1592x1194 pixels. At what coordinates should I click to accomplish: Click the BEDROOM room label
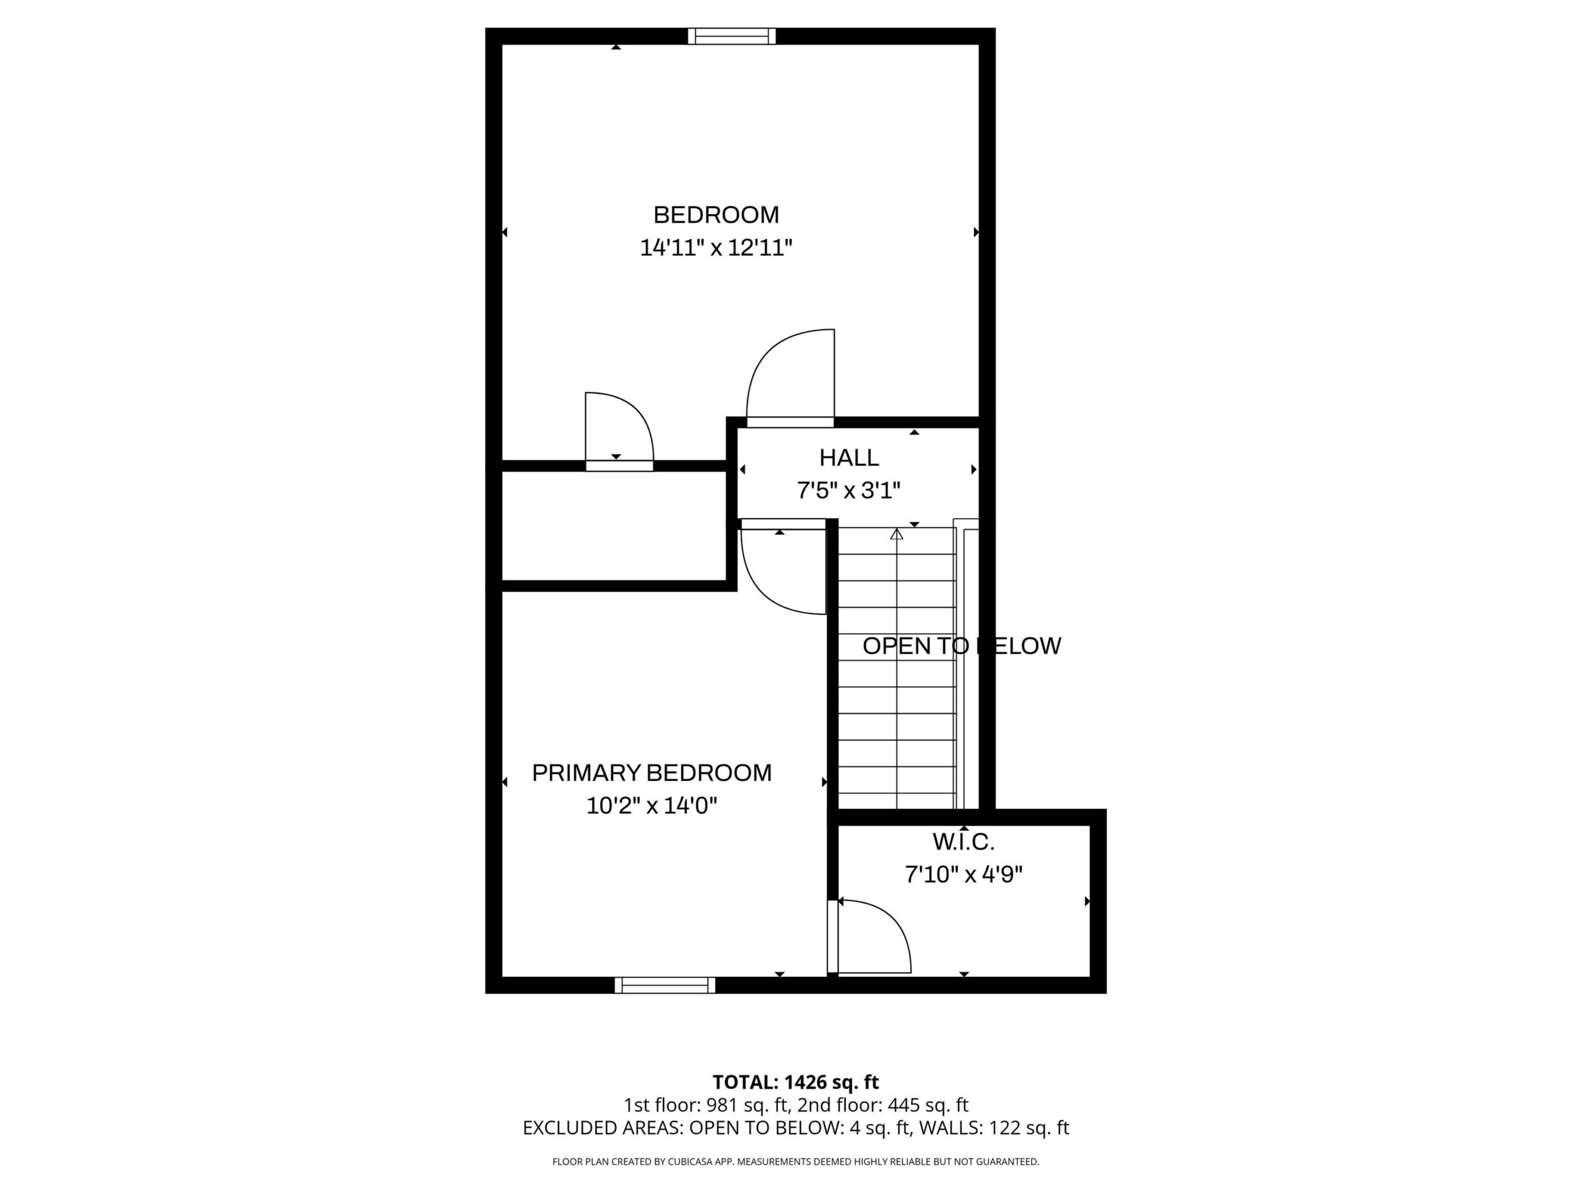(716, 215)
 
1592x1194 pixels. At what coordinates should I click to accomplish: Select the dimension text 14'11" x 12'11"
(716, 248)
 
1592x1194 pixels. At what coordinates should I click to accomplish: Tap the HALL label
(849, 457)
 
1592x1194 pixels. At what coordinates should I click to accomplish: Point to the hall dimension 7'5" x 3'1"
(849, 490)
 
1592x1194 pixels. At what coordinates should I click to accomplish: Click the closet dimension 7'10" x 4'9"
(964, 874)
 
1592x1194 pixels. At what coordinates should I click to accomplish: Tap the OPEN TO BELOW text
(961, 646)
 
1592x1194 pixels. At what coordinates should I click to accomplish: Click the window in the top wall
(732, 36)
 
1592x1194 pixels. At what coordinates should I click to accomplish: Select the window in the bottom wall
(665, 985)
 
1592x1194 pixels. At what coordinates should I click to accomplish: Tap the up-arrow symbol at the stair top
(897, 535)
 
